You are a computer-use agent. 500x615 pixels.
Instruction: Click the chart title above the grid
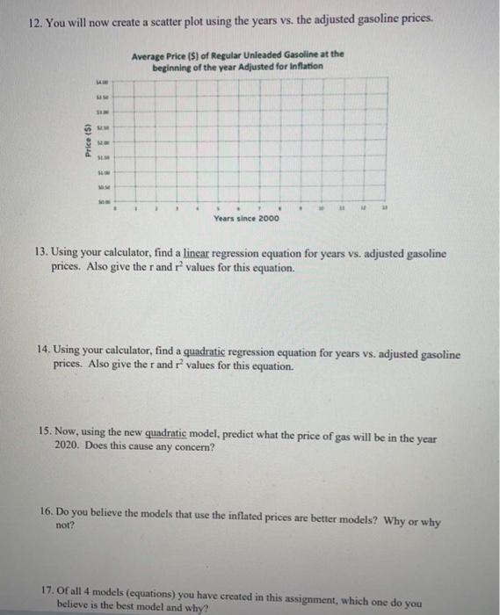[237, 59]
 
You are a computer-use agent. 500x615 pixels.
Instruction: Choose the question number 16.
[48, 512]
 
